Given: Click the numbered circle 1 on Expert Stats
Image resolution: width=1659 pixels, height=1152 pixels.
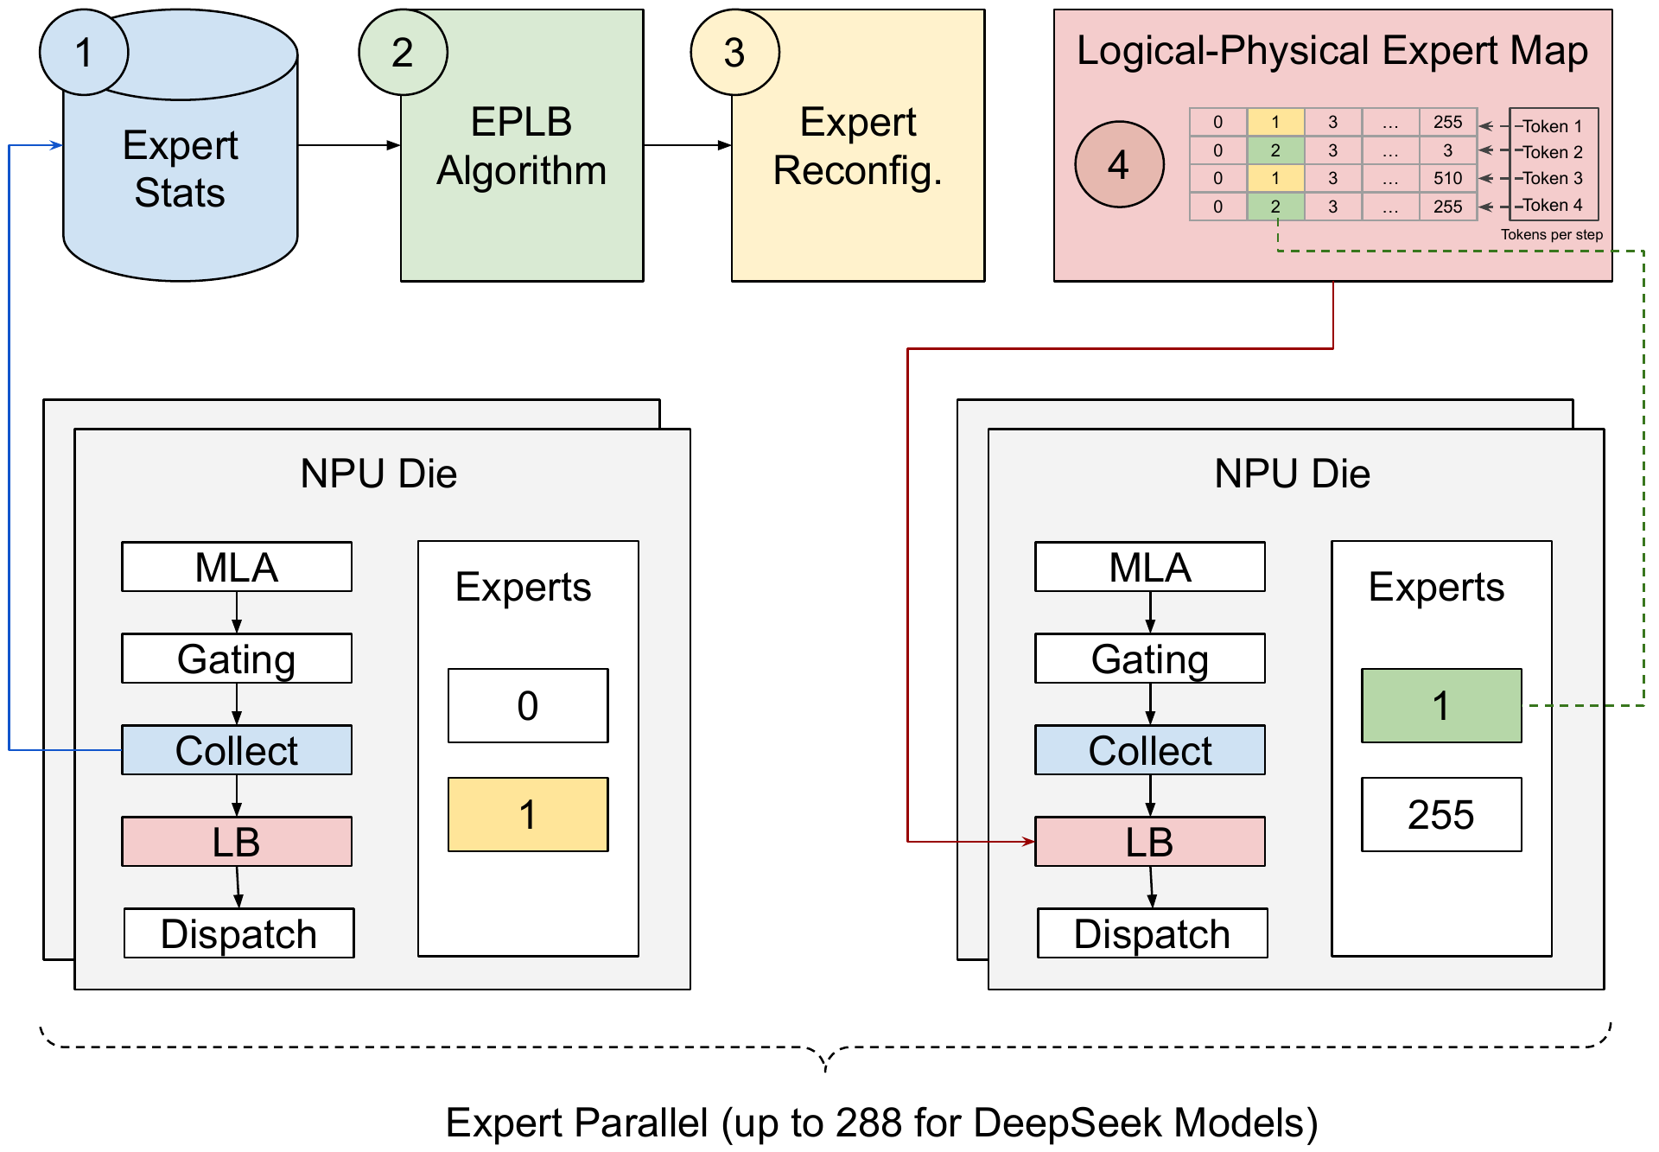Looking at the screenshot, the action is [x=84, y=53].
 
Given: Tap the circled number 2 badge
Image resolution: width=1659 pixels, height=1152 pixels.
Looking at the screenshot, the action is [x=403, y=53].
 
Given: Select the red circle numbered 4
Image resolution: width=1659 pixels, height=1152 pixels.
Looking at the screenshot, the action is [x=1119, y=164].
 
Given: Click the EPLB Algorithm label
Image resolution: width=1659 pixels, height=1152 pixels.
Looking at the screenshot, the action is [x=521, y=146].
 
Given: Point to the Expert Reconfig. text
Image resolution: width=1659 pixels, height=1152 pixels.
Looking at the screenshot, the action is [x=857, y=146].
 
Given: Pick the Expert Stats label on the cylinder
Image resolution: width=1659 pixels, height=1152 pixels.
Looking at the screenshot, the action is [x=180, y=169].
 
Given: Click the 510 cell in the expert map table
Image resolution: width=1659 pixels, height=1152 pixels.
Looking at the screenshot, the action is [x=1447, y=178].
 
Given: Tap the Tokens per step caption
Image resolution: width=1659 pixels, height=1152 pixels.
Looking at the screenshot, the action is [x=1551, y=234].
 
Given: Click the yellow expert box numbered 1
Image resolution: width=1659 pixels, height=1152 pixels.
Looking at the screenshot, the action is [x=528, y=814].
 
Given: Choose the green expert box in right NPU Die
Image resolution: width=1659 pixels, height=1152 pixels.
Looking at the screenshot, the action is [x=1441, y=705].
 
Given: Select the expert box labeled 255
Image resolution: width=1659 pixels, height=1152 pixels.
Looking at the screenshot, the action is [x=1441, y=814].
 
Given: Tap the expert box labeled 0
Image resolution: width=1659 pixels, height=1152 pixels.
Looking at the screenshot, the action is [x=528, y=705].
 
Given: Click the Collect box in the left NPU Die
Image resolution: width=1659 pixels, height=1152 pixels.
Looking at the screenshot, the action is [x=237, y=750].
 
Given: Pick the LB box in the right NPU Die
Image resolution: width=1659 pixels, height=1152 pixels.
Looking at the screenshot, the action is [x=1150, y=842].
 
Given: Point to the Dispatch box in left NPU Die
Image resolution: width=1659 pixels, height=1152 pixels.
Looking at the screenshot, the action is [x=239, y=933].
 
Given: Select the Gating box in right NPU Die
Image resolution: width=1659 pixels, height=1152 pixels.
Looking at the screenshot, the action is [x=1150, y=659].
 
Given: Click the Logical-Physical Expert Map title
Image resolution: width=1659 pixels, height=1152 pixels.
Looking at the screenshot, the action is [x=1332, y=50].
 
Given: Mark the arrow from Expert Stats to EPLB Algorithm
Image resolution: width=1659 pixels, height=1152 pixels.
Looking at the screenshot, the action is [x=349, y=145].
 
